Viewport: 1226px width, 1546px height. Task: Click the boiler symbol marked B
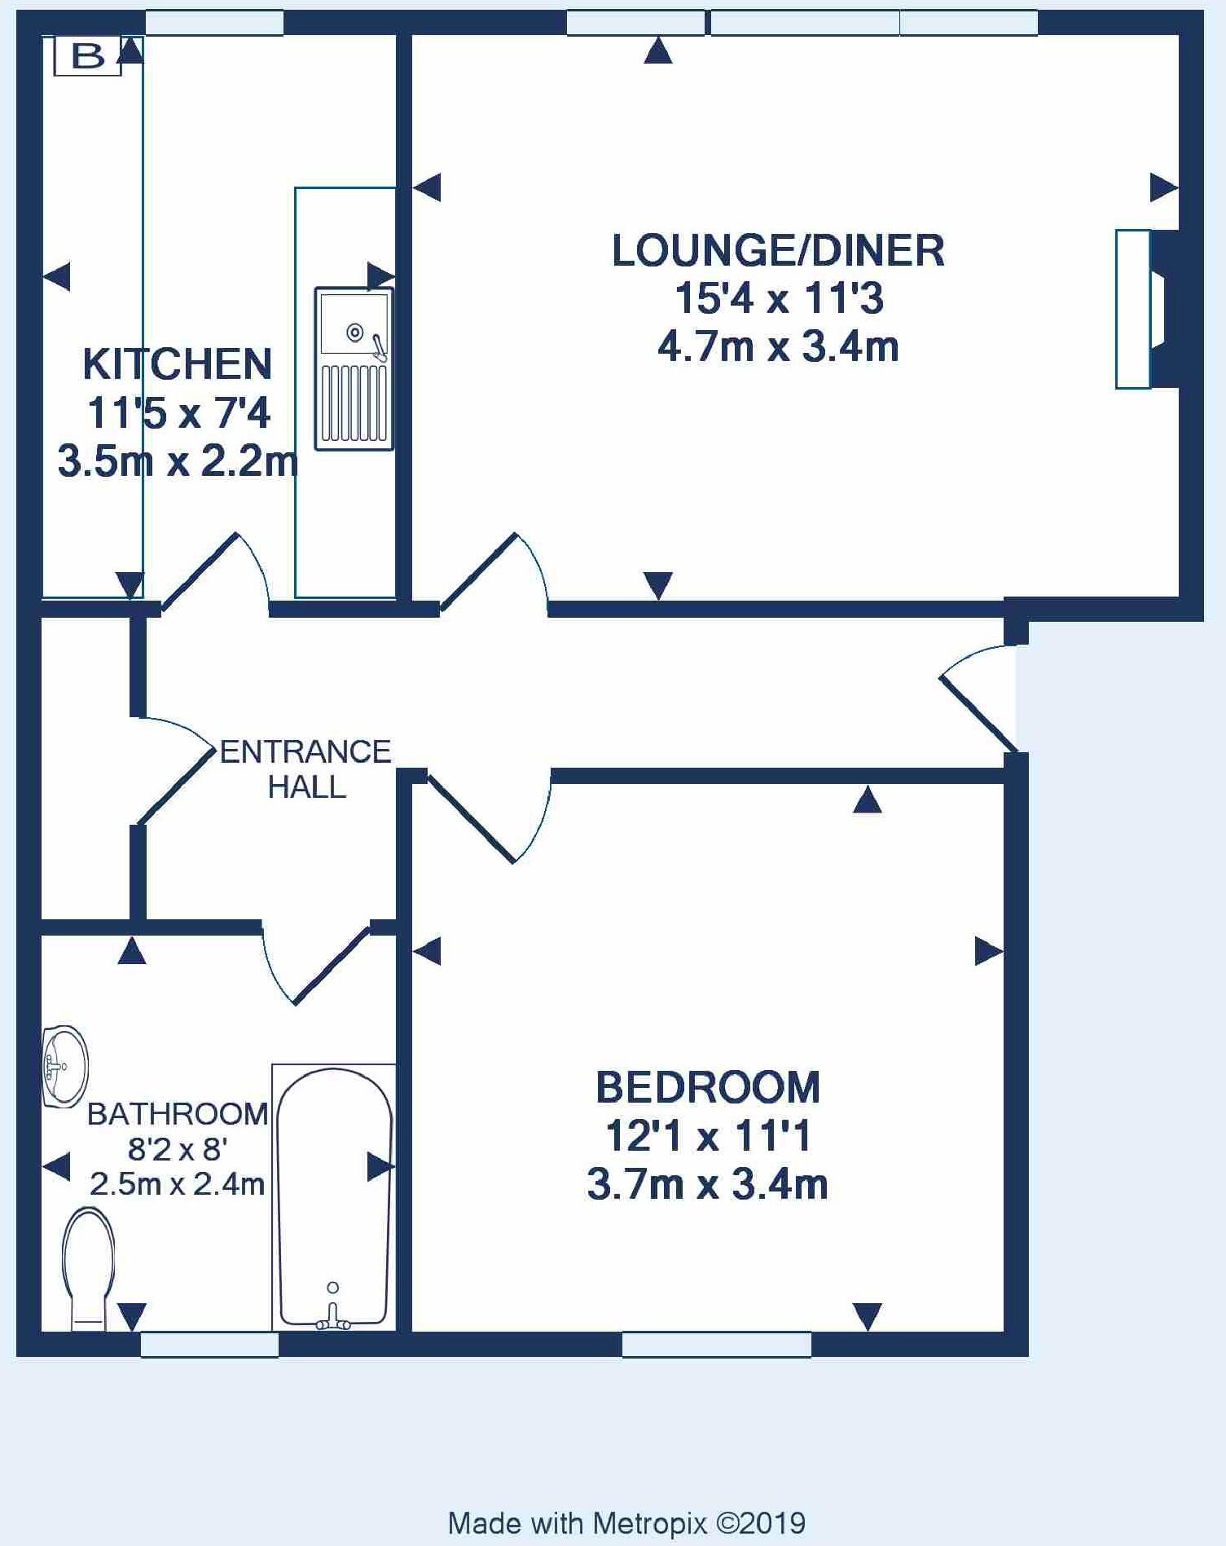pos(87,56)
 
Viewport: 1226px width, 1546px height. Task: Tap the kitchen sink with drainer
pos(354,368)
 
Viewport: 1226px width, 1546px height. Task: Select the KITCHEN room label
pos(177,364)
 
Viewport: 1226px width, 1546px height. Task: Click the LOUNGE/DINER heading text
pos(778,250)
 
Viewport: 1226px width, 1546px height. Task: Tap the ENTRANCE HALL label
pos(305,769)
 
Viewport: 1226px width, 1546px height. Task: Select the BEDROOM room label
pos(707,1087)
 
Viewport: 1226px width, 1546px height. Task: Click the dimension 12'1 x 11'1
pos(707,1135)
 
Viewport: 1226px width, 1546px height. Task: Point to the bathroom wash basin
pos(64,1066)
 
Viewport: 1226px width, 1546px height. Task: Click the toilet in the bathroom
pos(88,1268)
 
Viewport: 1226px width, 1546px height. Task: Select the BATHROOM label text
pos(177,1114)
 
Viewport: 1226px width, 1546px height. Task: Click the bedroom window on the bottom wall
pos(716,1344)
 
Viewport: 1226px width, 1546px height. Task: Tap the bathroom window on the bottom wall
pos(209,1344)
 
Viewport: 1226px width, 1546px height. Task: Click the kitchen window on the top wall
pos(214,23)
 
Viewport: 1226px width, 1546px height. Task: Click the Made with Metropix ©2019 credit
pos(626,1522)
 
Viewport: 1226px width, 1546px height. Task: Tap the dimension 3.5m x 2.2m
pos(177,462)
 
